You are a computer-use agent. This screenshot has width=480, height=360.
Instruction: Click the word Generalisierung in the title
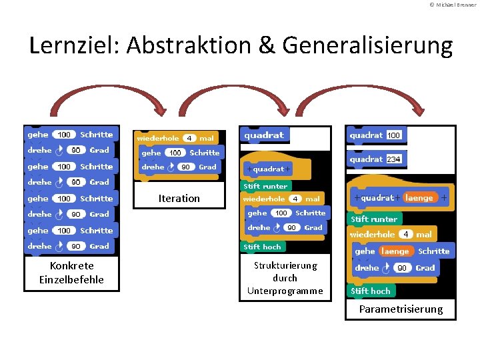367,45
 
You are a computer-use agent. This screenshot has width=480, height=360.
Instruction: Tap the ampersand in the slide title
266,45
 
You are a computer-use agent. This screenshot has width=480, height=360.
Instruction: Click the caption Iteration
179,198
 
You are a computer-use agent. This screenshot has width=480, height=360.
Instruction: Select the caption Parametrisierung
401,309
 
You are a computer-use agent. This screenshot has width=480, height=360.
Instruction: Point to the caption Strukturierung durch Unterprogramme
285,277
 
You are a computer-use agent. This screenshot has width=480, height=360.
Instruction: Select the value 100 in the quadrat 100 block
394,135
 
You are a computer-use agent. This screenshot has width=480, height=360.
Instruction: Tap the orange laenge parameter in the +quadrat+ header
419,197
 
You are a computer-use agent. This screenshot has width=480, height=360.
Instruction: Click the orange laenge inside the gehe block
395,251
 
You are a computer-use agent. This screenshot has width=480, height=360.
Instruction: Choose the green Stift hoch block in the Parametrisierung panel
371,291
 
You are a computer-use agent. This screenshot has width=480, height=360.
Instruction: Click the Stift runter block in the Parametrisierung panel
374,219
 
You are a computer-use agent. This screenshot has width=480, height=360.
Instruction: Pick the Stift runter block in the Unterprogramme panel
265,186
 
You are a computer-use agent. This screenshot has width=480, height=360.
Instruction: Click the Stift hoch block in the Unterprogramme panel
263,247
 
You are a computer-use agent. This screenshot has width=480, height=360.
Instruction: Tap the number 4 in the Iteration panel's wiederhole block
190,138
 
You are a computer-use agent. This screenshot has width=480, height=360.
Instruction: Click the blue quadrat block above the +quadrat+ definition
265,135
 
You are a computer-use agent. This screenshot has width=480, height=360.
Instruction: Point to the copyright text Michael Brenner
453,5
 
